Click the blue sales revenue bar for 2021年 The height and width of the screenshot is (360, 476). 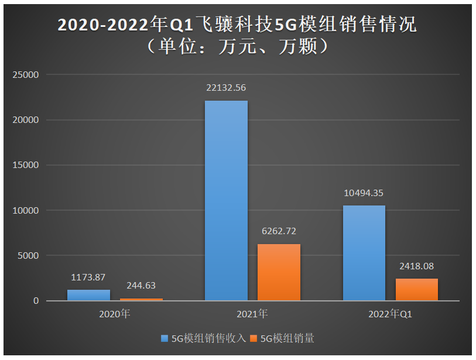coord(226,201)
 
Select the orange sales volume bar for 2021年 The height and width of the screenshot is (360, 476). coord(279,272)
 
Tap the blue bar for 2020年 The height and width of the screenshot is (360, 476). coord(88,295)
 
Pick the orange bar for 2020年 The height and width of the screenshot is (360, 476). coord(141,299)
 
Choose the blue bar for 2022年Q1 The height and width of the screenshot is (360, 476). coord(364,253)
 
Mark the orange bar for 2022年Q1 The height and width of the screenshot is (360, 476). coord(416,289)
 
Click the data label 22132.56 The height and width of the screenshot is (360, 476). coord(226,88)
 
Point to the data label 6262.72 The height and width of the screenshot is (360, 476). coord(279,231)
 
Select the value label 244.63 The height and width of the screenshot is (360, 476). coord(141,286)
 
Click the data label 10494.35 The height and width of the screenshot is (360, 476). coord(364,193)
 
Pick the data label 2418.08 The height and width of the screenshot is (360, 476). coord(416,266)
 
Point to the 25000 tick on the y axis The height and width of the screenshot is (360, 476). coord(26,75)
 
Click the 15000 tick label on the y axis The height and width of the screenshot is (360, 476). coord(26,165)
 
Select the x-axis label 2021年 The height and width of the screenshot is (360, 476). coord(252,314)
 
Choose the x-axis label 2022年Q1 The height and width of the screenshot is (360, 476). coord(390,314)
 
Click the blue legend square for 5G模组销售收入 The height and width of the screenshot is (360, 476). coord(165,338)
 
